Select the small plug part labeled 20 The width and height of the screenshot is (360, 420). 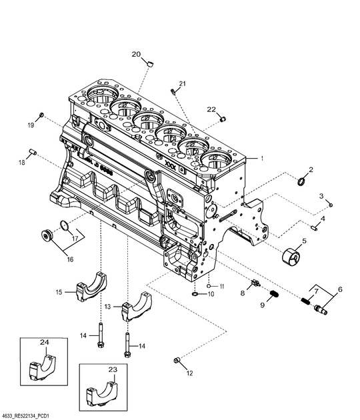pyautogui.click(x=150, y=64)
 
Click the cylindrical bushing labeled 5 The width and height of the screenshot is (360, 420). pyautogui.click(x=292, y=255)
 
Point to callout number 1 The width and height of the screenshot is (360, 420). pyautogui.click(x=263, y=159)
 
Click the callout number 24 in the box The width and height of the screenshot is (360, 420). pyautogui.click(x=45, y=343)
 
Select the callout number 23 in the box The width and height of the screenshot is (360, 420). pyautogui.click(x=112, y=369)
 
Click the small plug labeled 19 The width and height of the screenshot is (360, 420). pyautogui.click(x=42, y=116)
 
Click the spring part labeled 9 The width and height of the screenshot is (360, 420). pyautogui.click(x=272, y=295)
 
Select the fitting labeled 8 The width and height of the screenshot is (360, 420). pyautogui.click(x=254, y=283)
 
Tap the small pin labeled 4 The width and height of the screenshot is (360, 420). pyautogui.click(x=317, y=225)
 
